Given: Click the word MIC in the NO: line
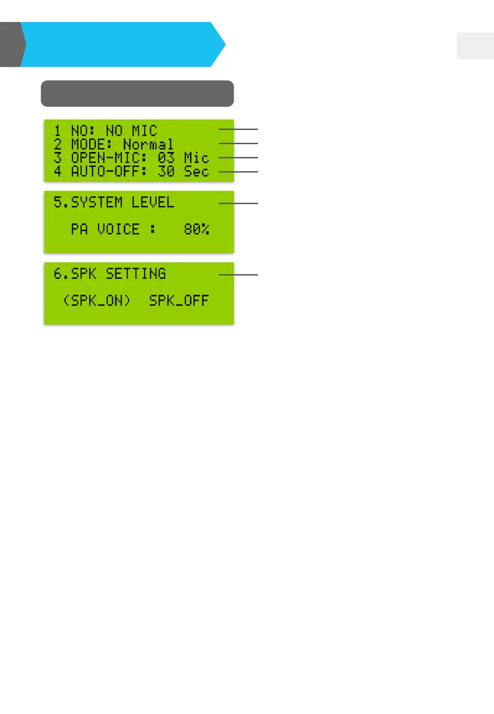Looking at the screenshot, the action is click(144, 131).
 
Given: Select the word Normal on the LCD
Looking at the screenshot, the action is click(148, 145).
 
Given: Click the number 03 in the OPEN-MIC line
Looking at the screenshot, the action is click(166, 158).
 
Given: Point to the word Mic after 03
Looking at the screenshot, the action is click(196, 158).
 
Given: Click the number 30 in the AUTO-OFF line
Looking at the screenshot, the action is click(166, 172).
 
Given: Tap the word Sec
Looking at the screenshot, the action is click(196, 172).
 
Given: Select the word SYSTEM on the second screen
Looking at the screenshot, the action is click(97, 202).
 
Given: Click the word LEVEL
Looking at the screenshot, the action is click(153, 202).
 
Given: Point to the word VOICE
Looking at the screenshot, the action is click(118, 229).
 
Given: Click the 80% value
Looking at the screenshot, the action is click(197, 229).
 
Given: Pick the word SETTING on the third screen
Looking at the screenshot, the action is click(136, 274).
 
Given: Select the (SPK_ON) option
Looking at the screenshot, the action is click(97, 301).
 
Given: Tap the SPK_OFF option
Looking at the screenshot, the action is click(179, 301).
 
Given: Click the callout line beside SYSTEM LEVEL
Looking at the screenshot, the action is click(238, 203).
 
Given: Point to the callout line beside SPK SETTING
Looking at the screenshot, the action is click(238, 275).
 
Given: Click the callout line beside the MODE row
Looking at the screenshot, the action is click(238, 144).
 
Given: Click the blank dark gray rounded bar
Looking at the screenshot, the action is click(137, 94).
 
